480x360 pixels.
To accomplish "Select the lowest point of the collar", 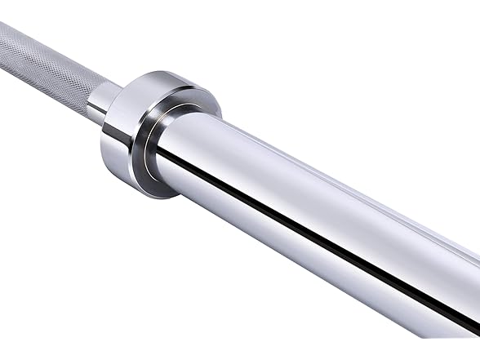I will pyautogui.click(x=155, y=198).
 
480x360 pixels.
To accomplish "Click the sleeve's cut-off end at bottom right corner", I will pyautogui.click(x=457, y=327).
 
